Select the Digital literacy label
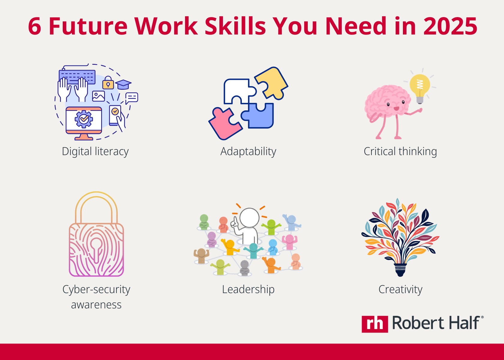[x=95, y=151]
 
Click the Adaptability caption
[x=248, y=151]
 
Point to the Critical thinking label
[x=400, y=151]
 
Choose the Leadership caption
[x=248, y=289]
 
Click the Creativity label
[x=400, y=289]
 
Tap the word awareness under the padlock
[x=96, y=305]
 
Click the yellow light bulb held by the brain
[x=420, y=85]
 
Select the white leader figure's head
[x=249, y=217]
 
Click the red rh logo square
[x=375, y=324]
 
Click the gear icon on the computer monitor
[x=84, y=119]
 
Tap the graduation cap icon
[x=123, y=84]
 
